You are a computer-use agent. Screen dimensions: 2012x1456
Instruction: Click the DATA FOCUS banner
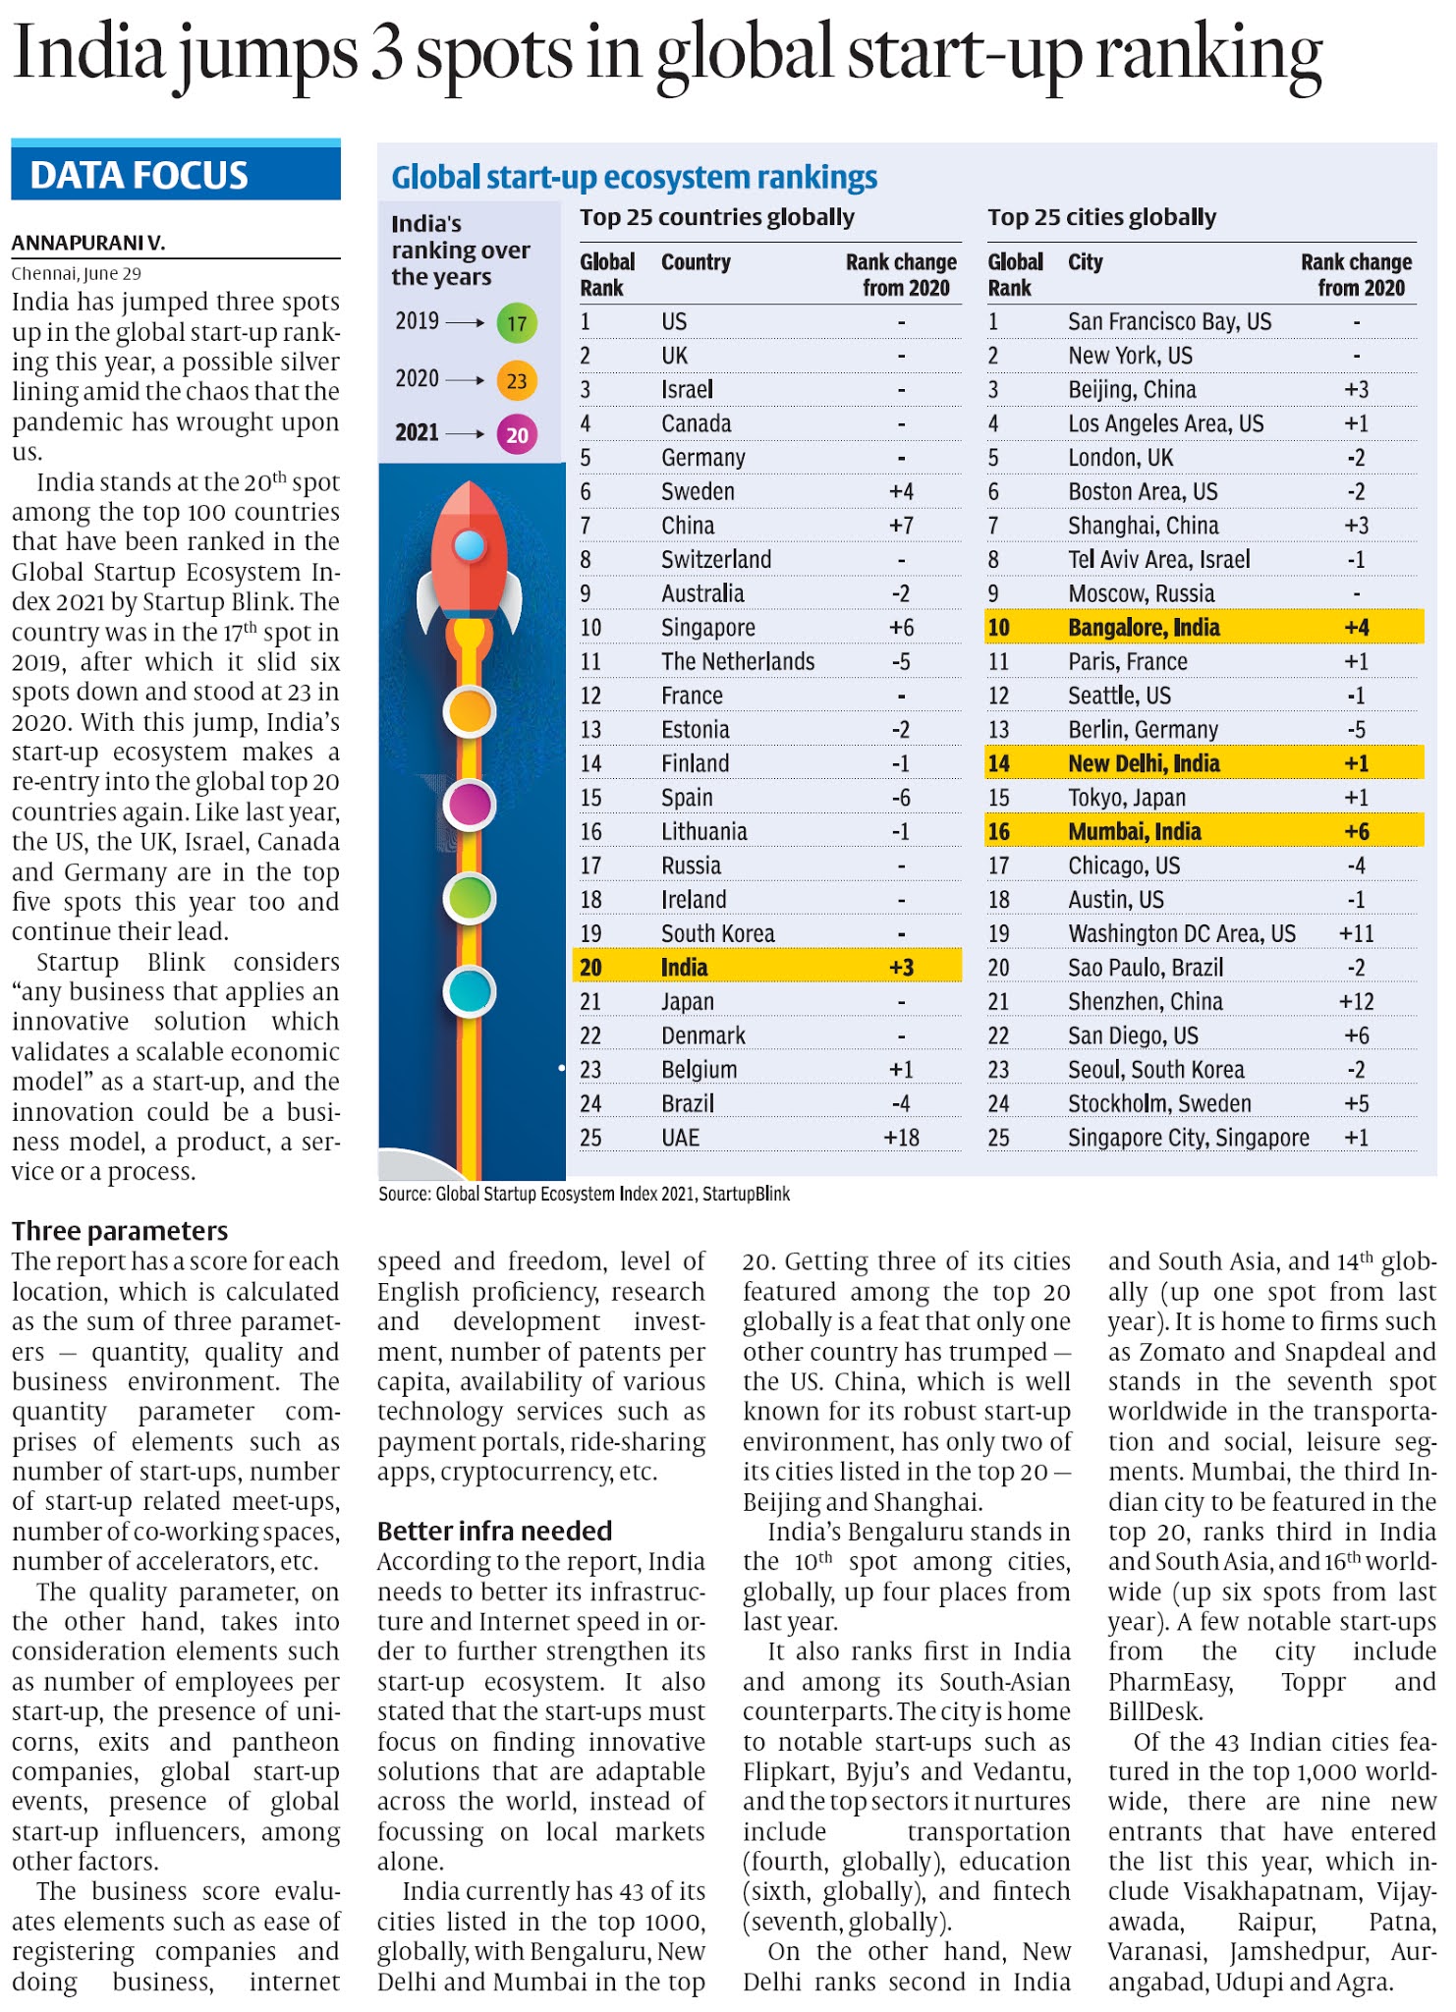tap(175, 174)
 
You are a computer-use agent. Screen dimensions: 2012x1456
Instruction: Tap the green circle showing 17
tap(517, 323)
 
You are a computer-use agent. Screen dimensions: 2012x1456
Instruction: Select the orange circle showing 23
tap(517, 380)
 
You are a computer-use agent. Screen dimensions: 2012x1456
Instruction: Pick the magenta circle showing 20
tap(517, 434)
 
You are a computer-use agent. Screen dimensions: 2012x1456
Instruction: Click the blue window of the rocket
tap(470, 545)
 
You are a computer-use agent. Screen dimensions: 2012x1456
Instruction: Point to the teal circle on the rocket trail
tap(469, 991)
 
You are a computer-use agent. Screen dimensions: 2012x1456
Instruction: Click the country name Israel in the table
tap(687, 390)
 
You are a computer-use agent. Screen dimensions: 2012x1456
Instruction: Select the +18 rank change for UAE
tap(901, 1138)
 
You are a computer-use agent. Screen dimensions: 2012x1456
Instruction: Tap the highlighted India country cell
tap(684, 968)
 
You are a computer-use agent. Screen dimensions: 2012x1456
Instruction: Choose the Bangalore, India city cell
tap(1144, 628)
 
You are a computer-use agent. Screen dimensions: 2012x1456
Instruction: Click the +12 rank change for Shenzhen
tap(1356, 1002)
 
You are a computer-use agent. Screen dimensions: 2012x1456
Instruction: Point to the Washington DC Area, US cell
tap(1181, 933)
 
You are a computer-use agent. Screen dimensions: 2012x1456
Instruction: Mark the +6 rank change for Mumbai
tap(1356, 832)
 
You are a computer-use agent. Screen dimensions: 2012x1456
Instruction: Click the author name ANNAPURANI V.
tap(88, 243)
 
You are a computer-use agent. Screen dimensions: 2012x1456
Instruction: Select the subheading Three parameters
tap(120, 1231)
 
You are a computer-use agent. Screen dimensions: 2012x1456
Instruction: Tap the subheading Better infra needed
tap(494, 1531)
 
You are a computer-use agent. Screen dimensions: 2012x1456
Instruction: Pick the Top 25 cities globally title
tap(1101, 217)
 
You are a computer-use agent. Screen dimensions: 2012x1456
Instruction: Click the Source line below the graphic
tap(584, 1194)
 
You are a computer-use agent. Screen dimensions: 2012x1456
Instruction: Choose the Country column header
tap(696, 262)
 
